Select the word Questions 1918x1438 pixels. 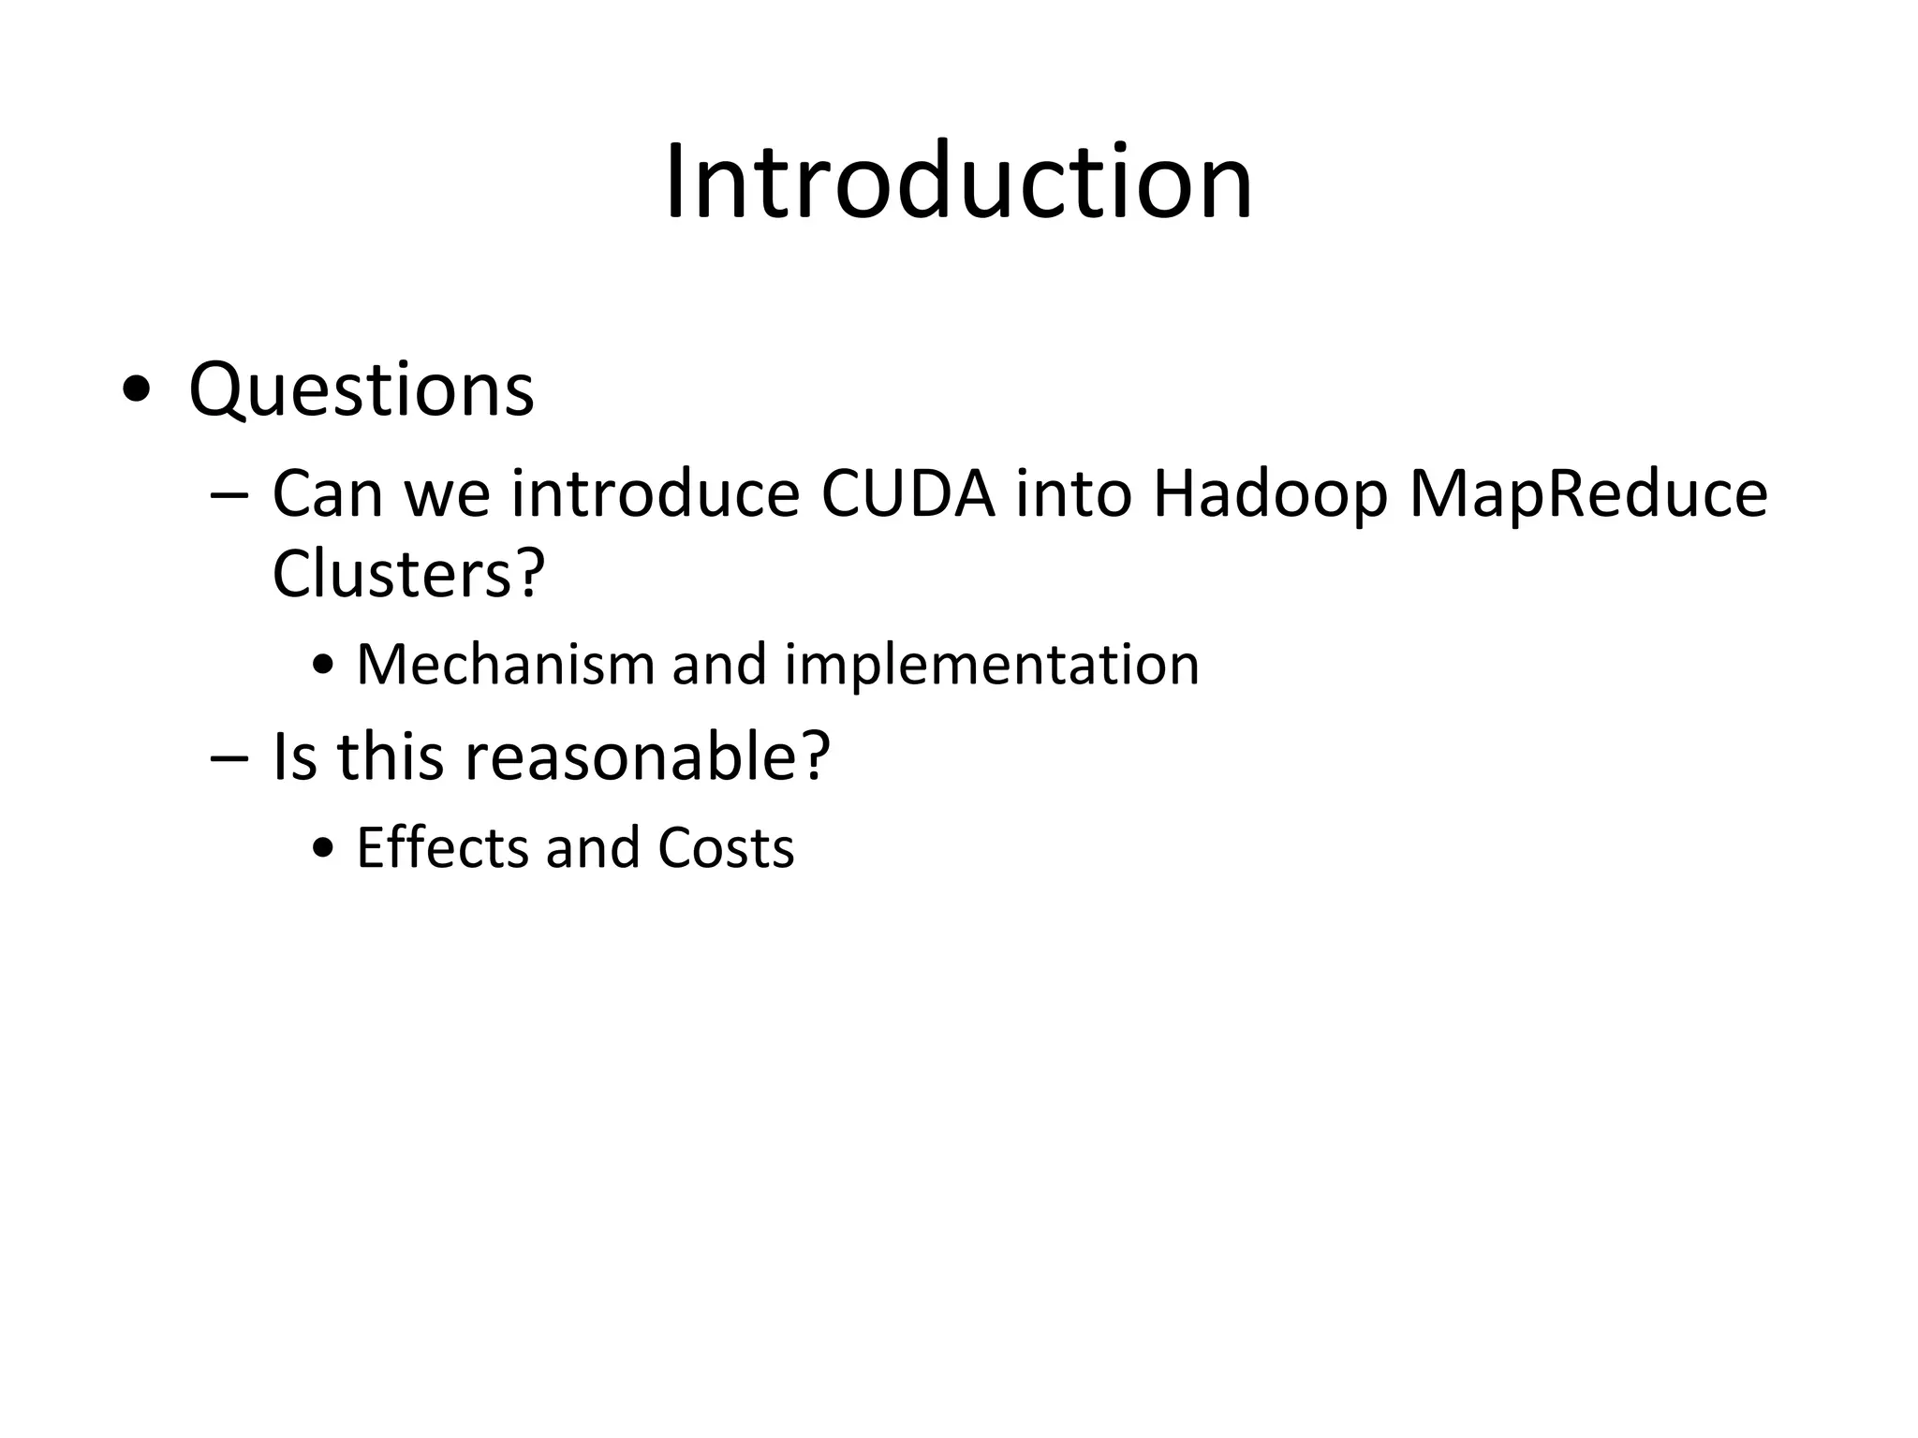point(361,389)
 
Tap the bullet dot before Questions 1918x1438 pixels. point(136,391)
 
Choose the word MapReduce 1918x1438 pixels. point(1588,495)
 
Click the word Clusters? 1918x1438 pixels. point(408,573)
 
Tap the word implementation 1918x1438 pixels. point(992,667)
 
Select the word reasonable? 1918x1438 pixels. point(647,756)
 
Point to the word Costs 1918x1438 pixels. point(726,847)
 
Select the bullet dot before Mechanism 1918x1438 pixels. point(324,668)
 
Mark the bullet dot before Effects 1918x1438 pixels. point(324,850)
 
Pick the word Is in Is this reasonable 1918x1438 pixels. point(293,756)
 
